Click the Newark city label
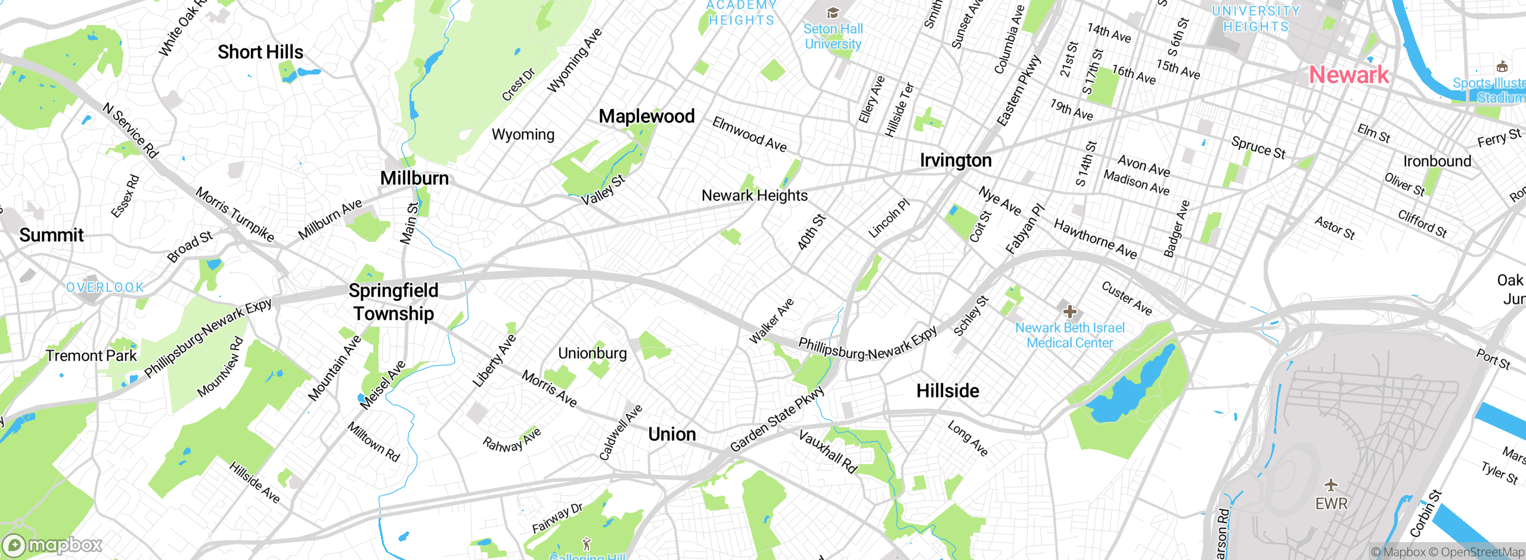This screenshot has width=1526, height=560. pyautogui.click(x=1348, y=75)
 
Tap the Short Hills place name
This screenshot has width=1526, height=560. pyautogui.click(x=260, y=52)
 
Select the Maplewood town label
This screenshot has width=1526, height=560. pyautogui.click(x=647, y=116)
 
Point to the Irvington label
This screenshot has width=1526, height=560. pyautogui.click(x=956, y=160)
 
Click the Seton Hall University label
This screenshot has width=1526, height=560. pyautogui.click(x=833, y=36)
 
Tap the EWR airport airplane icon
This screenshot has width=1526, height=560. pyautogui.click(x=1331, y=484)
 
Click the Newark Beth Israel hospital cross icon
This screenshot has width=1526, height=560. pyautogui.click(x=1070, y=311)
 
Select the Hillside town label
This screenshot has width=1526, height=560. pyautogui.click(x=948, y=391)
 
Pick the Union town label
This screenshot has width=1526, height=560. pyautogui.click(x=672, y=434)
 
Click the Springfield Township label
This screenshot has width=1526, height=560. pyautogui.click(x=393, y=302)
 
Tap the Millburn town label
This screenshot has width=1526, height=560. pyautogui.click(x=414, y=178)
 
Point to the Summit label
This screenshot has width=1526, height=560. pyautogui.click(x=51, y=235)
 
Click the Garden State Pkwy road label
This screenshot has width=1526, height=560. pyautogui.click(x=777, y=419)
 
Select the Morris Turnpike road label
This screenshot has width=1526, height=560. pyautogui.click(x=235, y=215)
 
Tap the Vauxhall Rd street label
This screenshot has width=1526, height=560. pyautogui.click(x=827, y=452)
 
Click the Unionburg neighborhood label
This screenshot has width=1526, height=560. pyautogui.click(x=593, y=353)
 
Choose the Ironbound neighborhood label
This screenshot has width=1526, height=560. pyautogui.click(x=1437, y=161)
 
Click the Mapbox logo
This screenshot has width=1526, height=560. pyautogui.click(x=52, y=545)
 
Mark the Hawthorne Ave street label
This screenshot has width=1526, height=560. pyautogui.click(x=1095, y=239)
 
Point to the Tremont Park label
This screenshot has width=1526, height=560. pyautogui.click(x=91, y=356)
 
